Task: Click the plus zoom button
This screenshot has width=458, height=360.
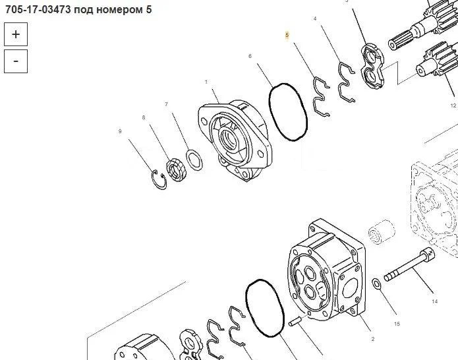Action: (16, 34)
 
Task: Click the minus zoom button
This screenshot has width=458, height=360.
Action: (16, 61)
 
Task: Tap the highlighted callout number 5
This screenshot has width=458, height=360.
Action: (287, 35)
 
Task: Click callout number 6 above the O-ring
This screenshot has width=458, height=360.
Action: (250, 56)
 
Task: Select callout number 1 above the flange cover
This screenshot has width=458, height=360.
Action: (206, 82)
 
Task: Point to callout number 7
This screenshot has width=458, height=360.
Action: (166, 104)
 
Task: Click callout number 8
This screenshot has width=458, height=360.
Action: (144, 117)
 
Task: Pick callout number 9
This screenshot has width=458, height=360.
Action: (120, 131)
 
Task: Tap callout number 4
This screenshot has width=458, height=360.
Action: (315, 18)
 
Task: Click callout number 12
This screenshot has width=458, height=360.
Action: (453, 105)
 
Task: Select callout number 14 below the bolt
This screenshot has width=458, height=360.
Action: (435, 301)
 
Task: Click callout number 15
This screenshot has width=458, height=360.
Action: (397, 324)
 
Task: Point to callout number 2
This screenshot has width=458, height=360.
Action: (373, 339)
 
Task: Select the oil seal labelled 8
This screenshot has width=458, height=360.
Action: (176, 169)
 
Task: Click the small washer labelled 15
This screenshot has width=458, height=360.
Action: (376, 284)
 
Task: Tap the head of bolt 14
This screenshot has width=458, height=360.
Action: (428, 255)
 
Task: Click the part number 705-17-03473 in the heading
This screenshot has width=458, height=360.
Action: (38, 10)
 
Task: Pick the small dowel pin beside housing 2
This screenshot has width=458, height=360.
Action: (295, 322)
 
